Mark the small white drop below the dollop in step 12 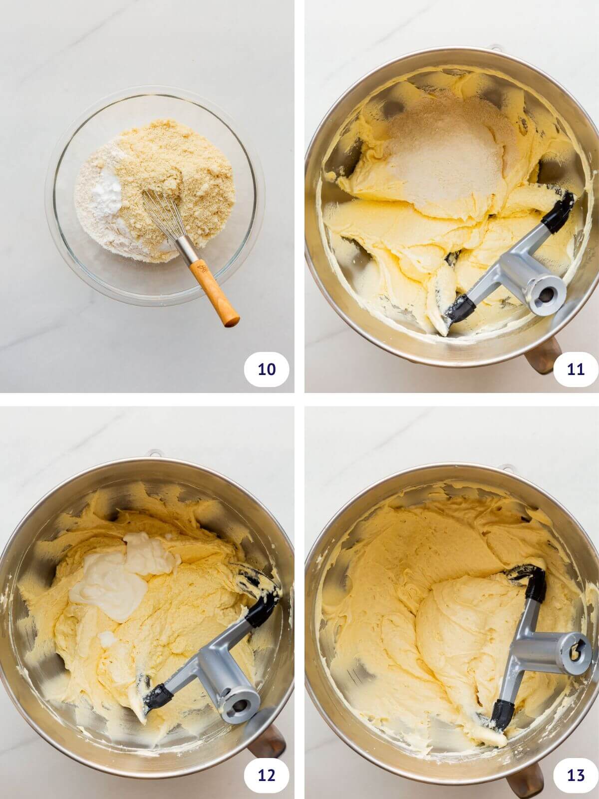[108, 637]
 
